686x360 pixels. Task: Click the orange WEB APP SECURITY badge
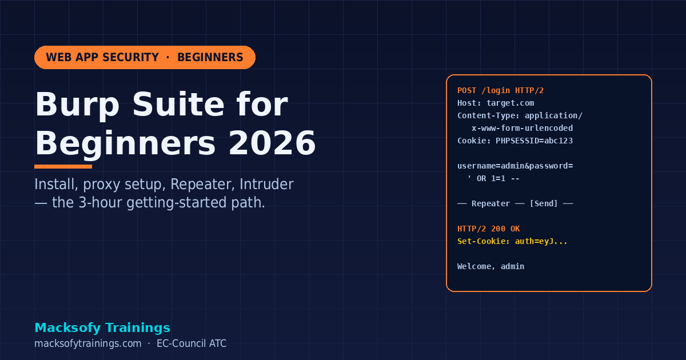[x=145, y=58]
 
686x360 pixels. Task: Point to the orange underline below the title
[x=63, y=167]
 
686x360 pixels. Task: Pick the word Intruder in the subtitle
[x=266, y=185]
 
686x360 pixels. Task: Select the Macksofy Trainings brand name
[x=102, y=327]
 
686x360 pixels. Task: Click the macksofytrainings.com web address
[x=87, y=343]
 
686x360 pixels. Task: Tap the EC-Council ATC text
[x=192, y=343]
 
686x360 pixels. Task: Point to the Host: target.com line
[x=496, y=103]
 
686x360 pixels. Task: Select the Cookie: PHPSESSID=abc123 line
[x=514, y=141]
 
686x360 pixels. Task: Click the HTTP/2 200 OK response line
[x=488, y=229]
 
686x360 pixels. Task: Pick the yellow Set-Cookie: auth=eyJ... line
[x=512, y=241]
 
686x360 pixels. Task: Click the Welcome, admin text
[x=490, y=266]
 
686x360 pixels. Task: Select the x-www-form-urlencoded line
[x=521, y=128]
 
